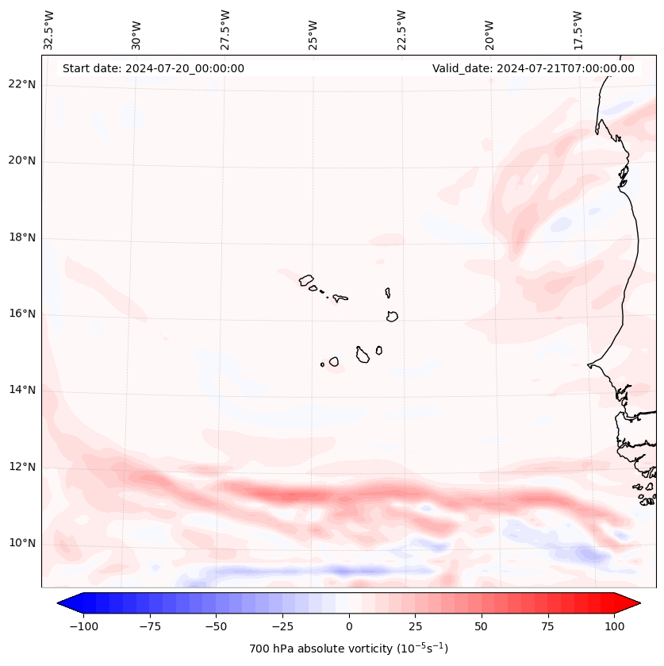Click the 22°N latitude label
(x=22, y=85)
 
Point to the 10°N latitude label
(x=22, y=544)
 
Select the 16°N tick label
(x=22, y=314)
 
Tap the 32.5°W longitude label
(x=49, y=30)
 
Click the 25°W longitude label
(x=313, y=30)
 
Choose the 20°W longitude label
(x=489, y=30)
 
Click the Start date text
(x=153, y=68)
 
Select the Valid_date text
(x=533, y=68)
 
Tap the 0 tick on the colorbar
(x=349, y=626)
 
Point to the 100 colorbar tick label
(x=614, y=626)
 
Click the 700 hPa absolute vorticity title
(x=349, y=649)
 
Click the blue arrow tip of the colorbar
(x=62, y=603)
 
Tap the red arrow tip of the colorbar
(x=636, y=603)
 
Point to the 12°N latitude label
(x=22, y=468)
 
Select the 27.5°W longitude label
(x=225, y=30)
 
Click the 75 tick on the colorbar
(x=547, y=626)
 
